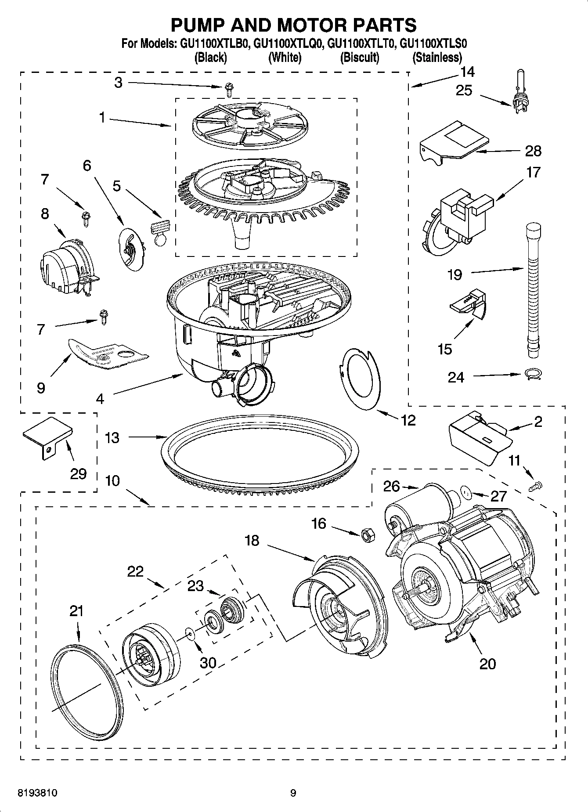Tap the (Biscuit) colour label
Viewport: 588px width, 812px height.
coord(359,58)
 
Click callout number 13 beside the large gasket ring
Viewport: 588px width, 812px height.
coord(112,438)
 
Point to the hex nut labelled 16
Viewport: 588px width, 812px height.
coord(368,534)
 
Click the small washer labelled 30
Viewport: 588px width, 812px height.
coord(190,632)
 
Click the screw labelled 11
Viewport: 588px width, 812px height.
coord(536,485)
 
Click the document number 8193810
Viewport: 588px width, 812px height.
coord(37,793)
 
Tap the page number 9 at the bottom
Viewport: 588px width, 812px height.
coord(293,793)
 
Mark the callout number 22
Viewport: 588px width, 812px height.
coord(135,571)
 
